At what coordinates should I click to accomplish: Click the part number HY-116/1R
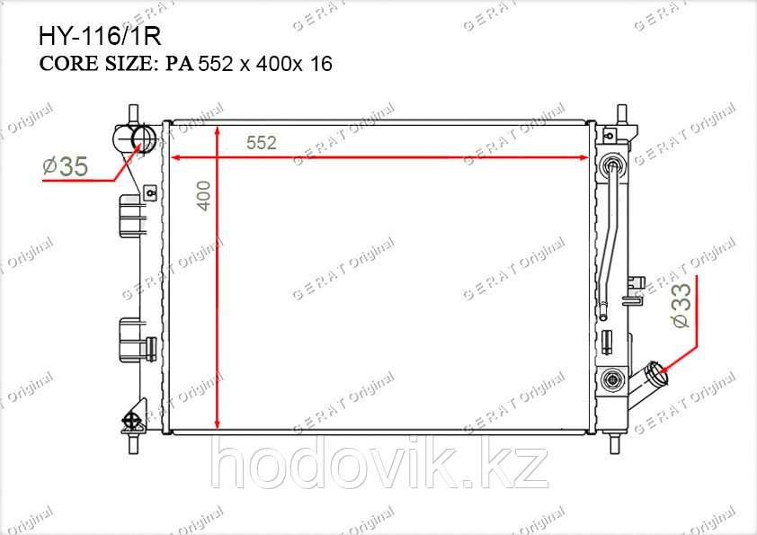100,36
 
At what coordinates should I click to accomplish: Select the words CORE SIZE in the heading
95,64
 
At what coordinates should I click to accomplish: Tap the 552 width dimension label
262,143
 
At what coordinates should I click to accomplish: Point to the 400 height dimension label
204,195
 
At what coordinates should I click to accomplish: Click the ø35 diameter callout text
66,166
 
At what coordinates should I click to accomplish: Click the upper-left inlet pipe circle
143,138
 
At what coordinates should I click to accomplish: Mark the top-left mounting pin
134,114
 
